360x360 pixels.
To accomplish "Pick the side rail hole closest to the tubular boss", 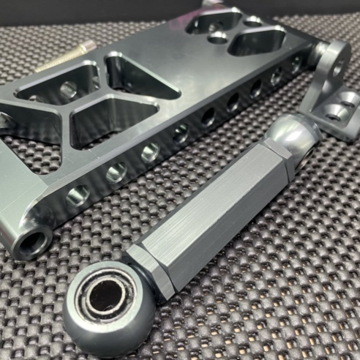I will tap(79, 194).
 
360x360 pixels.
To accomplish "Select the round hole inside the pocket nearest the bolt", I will tap(68, 90).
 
